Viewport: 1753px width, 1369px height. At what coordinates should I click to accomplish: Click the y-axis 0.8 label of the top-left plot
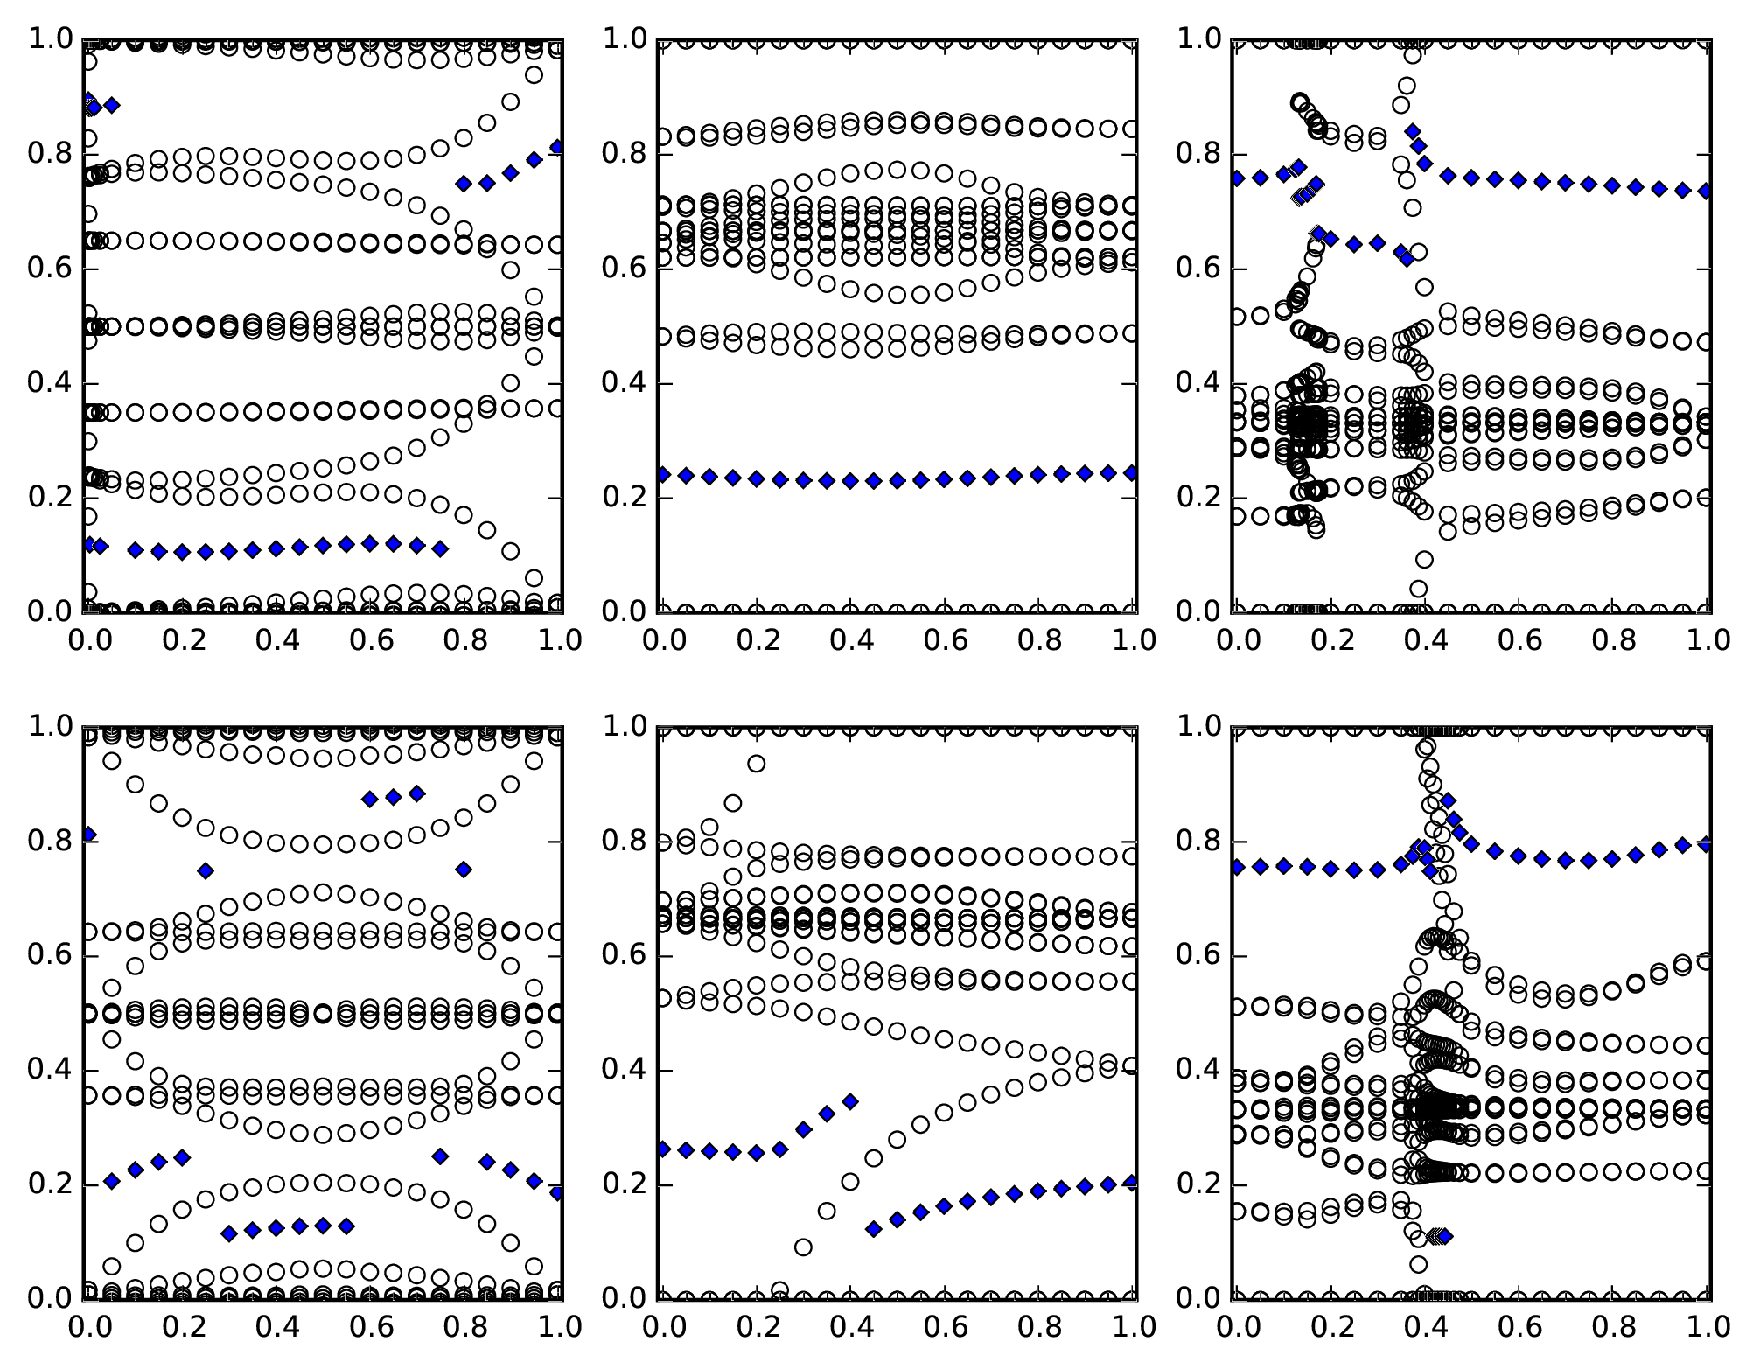[x=52, y=155]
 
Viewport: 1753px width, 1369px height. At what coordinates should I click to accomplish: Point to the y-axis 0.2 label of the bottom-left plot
[x=52, y=1185]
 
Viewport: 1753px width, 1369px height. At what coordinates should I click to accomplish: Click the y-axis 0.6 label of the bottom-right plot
[x=1200, y=956]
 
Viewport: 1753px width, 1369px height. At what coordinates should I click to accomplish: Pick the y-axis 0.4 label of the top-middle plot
[x=625, y=384]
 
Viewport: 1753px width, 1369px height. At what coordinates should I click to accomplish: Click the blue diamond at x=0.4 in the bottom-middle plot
[x=849, y=1101]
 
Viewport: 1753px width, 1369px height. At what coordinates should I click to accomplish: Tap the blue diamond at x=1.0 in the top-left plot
[x=557, y=147]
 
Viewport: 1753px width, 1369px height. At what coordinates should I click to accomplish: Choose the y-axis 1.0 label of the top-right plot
[x=1200, y=39]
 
